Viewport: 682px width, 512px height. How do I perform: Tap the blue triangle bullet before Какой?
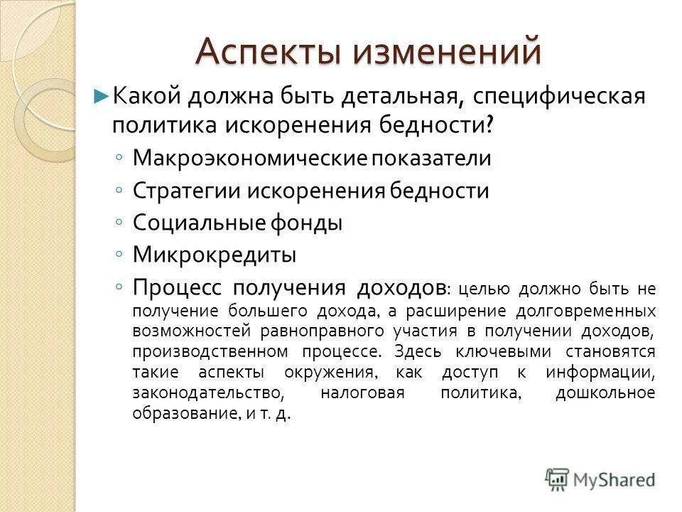click(102, 95)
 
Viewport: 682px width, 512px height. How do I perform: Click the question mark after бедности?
click(449, 125)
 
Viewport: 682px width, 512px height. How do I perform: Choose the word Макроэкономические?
click(249, 157)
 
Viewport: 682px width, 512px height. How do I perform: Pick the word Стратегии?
click(186, 190)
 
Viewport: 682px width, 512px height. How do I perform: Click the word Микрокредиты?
click(215, 254)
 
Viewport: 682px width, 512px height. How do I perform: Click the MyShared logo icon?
click(558, 479)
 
